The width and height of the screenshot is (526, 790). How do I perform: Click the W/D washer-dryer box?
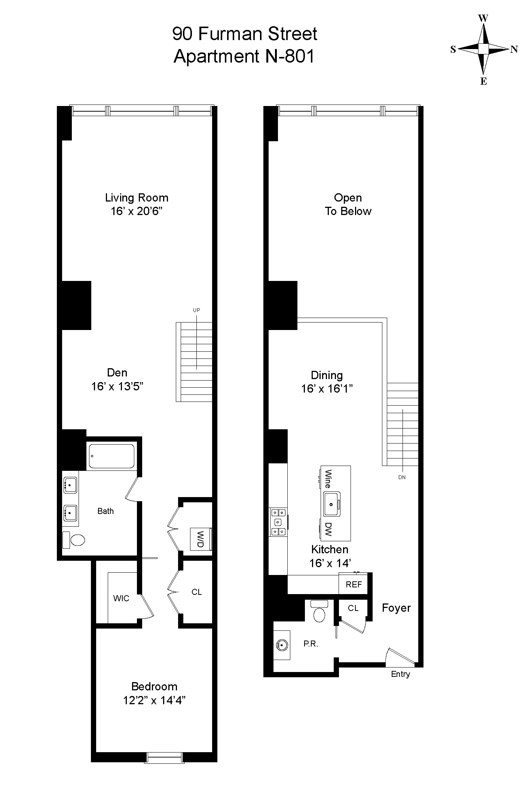(201, 539)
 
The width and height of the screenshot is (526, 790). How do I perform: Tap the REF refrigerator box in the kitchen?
(354, 584)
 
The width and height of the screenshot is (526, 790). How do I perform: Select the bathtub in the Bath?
(111, 456)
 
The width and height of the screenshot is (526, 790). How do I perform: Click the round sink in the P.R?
(281, 645)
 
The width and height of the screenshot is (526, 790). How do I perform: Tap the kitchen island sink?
(331, 504)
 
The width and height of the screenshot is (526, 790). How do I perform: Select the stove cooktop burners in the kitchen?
(278, 521)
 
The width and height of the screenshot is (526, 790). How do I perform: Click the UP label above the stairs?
(196, 310)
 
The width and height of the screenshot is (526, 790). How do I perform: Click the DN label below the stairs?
(402, 477)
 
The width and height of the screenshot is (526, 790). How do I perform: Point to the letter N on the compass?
(514, 49)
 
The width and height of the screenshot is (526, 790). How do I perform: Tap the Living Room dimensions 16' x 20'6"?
(137, 211)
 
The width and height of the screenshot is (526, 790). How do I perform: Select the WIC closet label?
(121, 598)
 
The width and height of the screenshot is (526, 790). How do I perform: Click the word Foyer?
(396, 608)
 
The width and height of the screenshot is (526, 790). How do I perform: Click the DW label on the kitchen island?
(328, 529)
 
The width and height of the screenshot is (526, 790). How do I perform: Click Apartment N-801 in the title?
(244, 57)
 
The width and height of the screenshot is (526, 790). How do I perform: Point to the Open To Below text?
(348, 205)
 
